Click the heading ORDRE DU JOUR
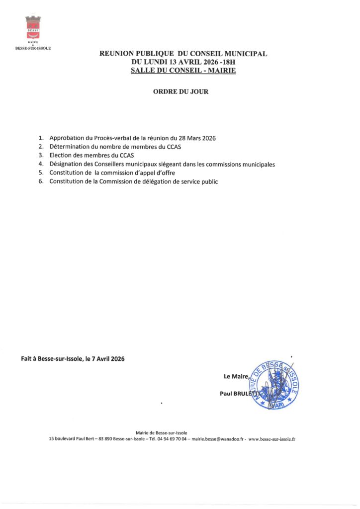click(x=180, y=92)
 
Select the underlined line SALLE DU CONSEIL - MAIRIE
click(x=183, y=71)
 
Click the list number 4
click(x=41, y=164)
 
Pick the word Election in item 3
click(x=62, y=155)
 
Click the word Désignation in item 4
click(x=68, y=164)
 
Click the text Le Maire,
click(x=236, y=377)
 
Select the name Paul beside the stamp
click(x=227, y=393)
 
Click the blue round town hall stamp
click(x=274, y=385)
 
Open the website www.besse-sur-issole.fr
click(x=271, y=439)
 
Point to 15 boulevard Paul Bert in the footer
click(x=74, y=439)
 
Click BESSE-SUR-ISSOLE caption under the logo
click(x=33, y=48)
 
